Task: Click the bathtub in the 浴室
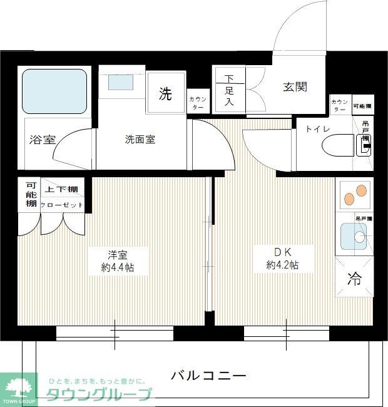tap(54, 91)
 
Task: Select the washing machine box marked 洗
tap(165, 95)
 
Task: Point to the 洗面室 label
tap(140, 140)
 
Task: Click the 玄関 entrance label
tap(294, 87)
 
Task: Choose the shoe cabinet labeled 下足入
tap(230, 90)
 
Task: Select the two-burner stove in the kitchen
tap(354, 195)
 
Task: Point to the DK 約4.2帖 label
tap(282, 258)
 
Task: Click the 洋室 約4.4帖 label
tap(118, 260)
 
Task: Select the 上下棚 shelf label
tap(61, 189)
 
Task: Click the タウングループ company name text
tap(99, 394)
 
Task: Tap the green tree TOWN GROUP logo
tap(20, 386)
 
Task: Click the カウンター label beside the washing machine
tap(198, 103)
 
